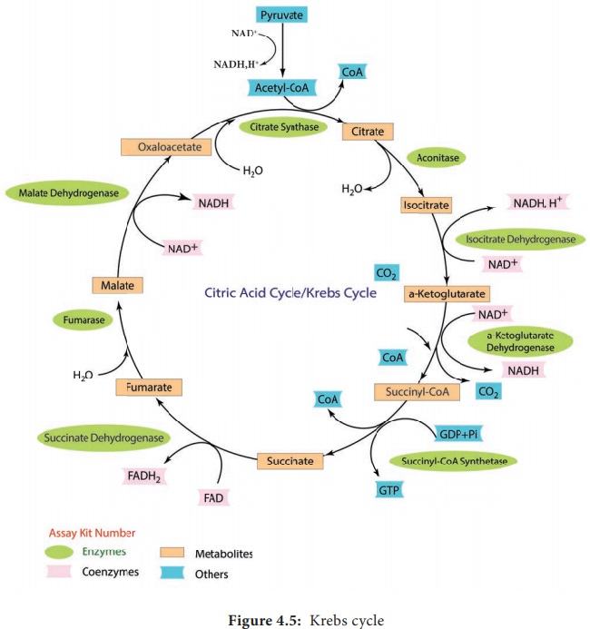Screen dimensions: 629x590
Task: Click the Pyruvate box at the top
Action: coord(283,15)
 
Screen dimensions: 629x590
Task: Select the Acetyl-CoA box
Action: coord(282,87)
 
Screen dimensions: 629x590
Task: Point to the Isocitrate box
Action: coord(426,206)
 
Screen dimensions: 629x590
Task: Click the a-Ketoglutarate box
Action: coord(447,294)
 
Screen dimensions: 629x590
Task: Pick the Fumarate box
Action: coord(150,388)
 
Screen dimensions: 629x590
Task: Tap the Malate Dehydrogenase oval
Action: coord(66,192)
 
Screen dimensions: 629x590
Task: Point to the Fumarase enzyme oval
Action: coord(84,319)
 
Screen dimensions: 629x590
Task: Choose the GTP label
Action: coord(389,490)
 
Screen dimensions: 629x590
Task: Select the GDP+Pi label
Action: coord(458,434)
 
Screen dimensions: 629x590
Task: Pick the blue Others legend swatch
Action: coord(173,574)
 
